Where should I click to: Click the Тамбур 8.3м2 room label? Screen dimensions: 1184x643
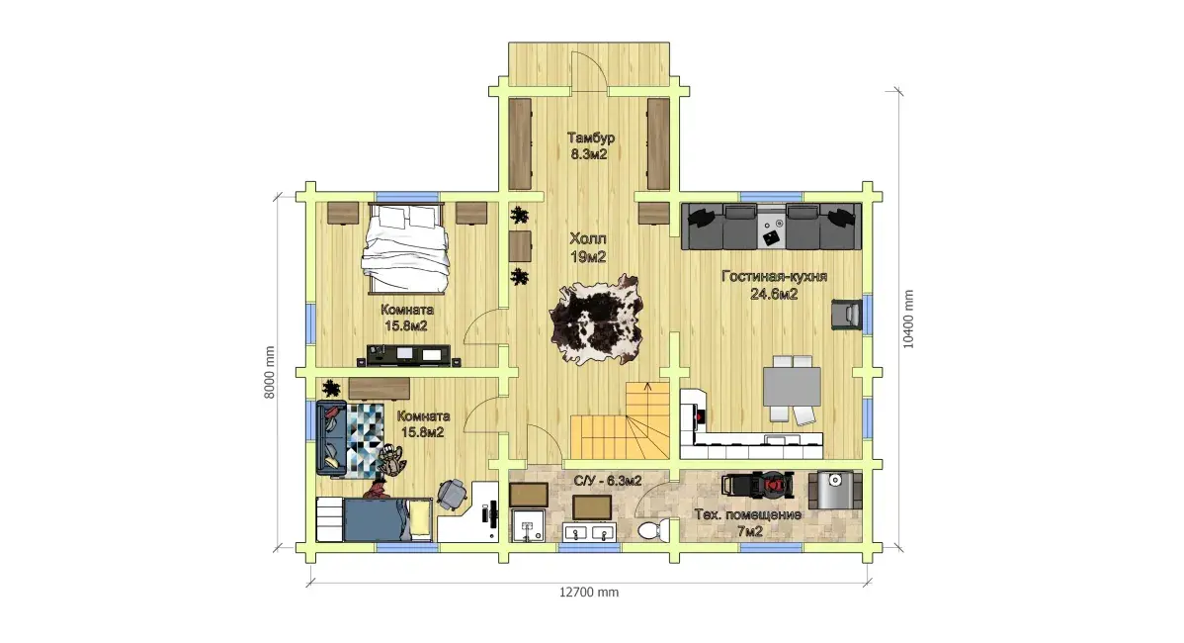click(x=590, y=145)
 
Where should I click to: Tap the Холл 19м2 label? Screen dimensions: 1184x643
click(x=588, y=248)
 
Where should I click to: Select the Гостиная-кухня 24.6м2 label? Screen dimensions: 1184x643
click(x=774, y=285)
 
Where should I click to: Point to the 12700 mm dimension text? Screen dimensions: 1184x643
click(x=589, y=593)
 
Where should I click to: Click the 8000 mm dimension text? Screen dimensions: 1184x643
click(x=270, y=373)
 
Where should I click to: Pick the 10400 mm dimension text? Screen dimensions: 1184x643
click(x=908, y=320)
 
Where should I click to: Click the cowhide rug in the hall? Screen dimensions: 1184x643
click(x=597, y=320)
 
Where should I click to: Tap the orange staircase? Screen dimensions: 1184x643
click(x=621, y=420)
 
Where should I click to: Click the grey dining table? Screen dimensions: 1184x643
click(x=792, y=388)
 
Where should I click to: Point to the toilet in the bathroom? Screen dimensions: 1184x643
click(x=651, y=529)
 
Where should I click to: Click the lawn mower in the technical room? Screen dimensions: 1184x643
click(x=757, y=485)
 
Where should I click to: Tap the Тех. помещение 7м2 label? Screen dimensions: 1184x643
click(x=747, y=523)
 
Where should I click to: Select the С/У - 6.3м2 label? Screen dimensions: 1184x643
click(x=608, y=481)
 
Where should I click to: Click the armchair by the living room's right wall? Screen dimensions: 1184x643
click(x=846, y=315)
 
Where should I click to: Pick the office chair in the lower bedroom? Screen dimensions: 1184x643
click(x=453, y=495)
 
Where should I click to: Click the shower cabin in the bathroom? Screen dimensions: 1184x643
click(x=527, y=525)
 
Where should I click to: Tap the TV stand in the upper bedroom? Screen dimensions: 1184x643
click(x=408, y=355)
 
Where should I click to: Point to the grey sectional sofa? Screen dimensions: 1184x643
click(x=771, y=226)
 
